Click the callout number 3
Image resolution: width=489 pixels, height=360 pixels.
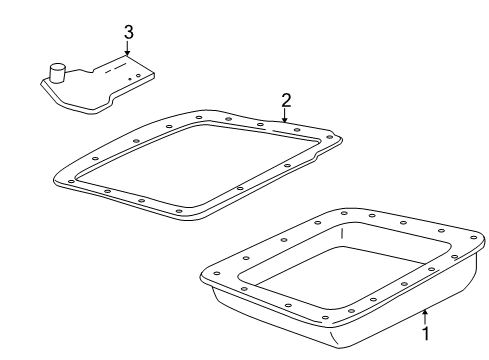point(129,32)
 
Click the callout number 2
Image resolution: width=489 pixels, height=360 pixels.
point(286,100)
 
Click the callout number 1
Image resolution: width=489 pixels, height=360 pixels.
point(425,333)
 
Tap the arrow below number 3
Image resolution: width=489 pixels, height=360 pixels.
point(127,49)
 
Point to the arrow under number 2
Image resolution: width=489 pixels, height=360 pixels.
point(284,116)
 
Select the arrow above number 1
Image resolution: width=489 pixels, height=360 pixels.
point(425,317)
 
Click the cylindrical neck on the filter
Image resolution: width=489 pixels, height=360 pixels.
point(57,72)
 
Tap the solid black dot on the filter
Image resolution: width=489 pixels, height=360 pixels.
point(130,79)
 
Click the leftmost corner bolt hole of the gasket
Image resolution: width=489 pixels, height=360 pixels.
point(71,181)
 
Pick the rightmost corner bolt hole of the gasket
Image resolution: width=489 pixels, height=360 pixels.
point(329,137)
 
